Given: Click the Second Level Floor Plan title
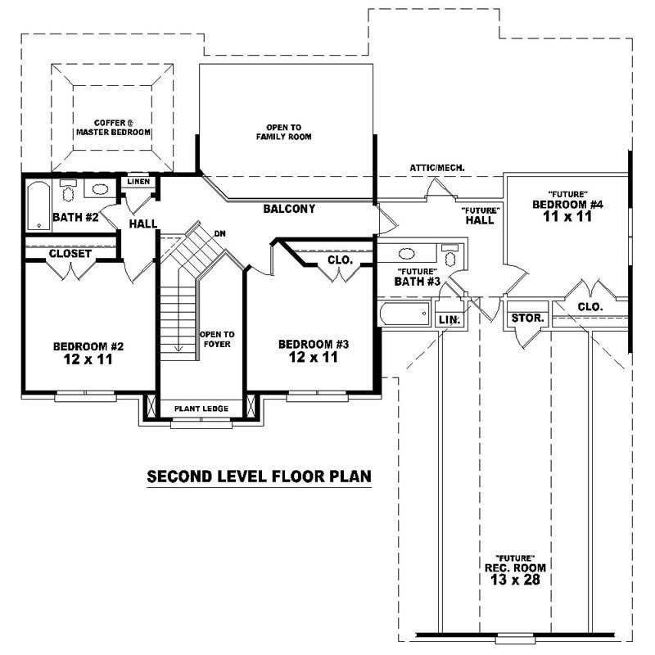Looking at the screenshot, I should tap(259, 476).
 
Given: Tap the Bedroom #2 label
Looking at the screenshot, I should tap(84, 352).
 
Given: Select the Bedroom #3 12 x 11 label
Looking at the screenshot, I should tap(314, 350).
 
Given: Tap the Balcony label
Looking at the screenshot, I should tap(289, 210).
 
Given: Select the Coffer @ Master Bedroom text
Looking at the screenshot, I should tap(113, 126).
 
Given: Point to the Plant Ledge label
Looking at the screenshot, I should tap(201, 408).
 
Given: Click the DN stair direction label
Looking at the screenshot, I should tap(219, 233).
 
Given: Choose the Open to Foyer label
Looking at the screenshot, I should tap(217, 339).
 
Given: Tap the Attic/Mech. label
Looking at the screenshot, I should tap(437, 168).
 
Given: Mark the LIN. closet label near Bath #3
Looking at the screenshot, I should tap(449, 318).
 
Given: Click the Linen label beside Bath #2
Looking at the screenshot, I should tap(138, 181).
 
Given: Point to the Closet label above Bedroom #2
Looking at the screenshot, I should tap(70, 254).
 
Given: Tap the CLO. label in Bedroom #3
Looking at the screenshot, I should tap(339, 260).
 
